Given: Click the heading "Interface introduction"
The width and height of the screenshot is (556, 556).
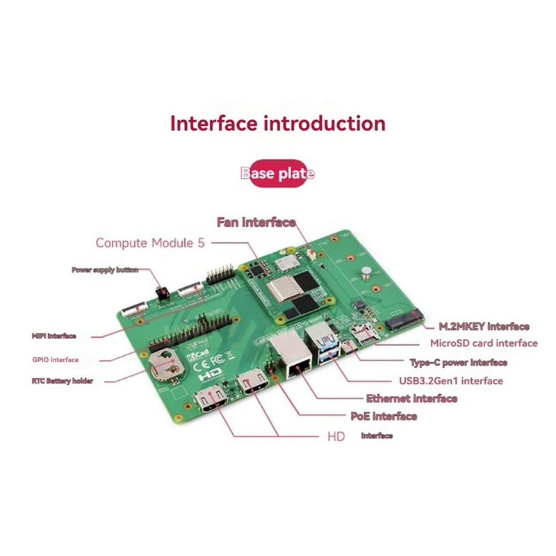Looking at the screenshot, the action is click(278, 124).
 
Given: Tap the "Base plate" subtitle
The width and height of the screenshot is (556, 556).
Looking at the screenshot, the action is click(278, 173).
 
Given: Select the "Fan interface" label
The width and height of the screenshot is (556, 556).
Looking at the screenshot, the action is click(256, 222).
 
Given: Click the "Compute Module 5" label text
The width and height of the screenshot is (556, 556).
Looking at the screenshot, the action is click(150, 243).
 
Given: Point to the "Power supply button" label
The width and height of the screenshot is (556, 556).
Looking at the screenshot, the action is click(105, 270).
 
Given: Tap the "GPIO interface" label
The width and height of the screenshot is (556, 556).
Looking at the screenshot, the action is click(56, 360).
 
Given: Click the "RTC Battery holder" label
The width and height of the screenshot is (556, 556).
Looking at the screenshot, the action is click(62, 381).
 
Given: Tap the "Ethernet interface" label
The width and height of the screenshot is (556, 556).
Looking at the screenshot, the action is click(411, 398).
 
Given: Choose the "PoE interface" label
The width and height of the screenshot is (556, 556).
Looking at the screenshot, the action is click(384, 416).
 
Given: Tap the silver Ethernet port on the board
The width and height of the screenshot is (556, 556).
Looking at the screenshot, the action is click(286, 356).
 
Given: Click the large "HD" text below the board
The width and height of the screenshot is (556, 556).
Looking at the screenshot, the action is click(336, 438).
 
